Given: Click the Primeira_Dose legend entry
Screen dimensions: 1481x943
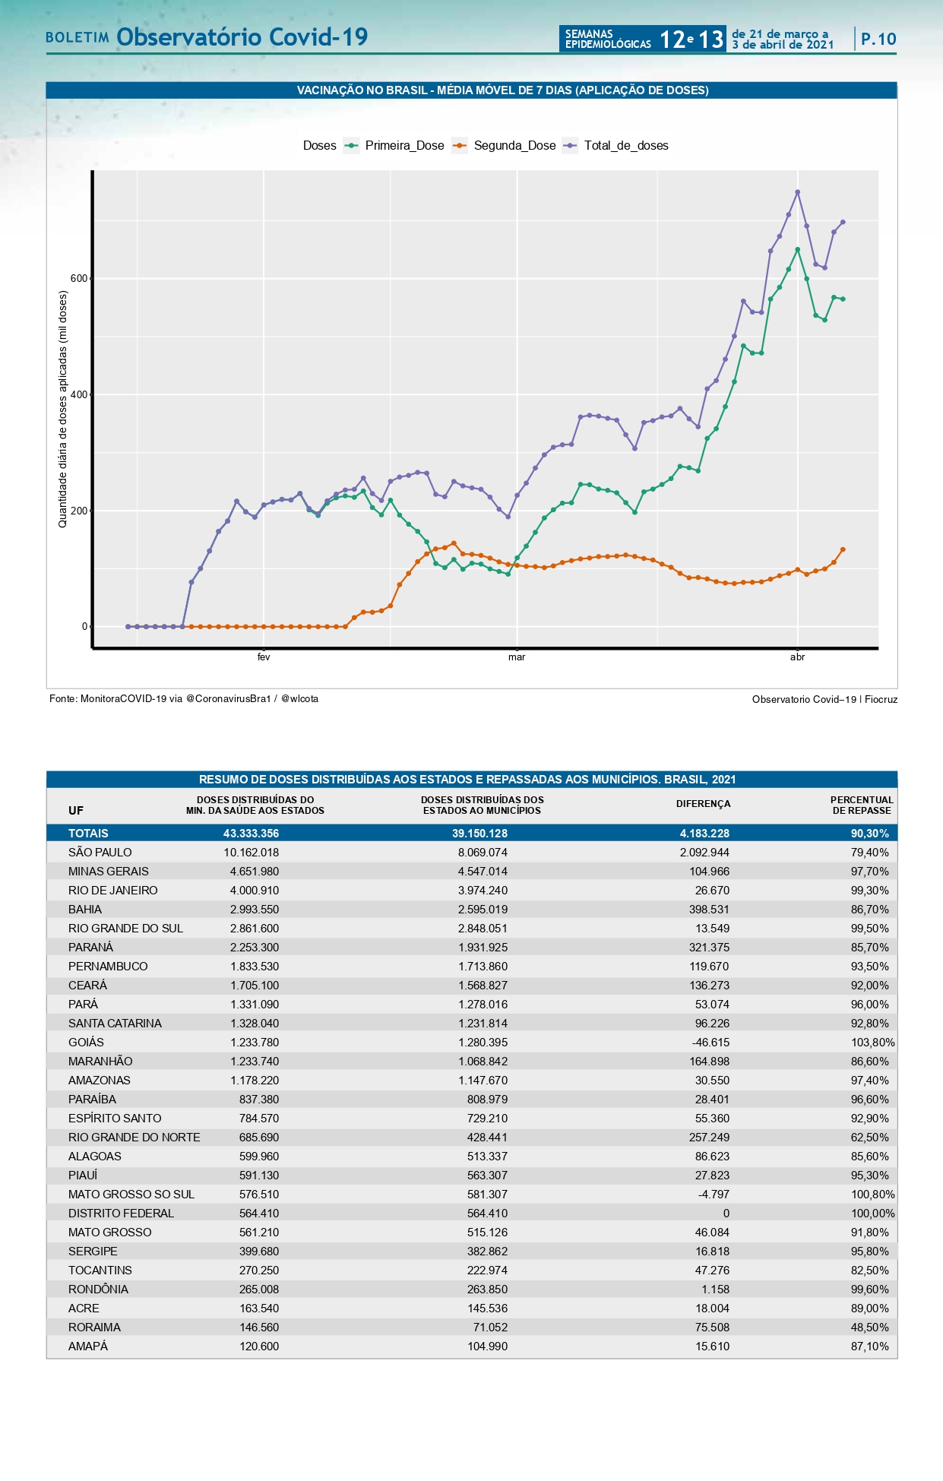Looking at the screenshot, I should [403, 146].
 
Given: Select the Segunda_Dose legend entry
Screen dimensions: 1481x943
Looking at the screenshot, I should [514, 146].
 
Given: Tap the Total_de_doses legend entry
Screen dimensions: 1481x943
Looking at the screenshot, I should [625, 146].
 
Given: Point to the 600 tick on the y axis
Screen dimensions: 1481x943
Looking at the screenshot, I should [79, 279].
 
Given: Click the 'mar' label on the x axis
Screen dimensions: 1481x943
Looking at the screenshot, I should [517, 657].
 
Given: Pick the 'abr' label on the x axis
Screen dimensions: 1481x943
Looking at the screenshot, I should [797, 657].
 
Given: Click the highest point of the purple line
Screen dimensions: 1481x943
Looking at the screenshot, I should [797, 192].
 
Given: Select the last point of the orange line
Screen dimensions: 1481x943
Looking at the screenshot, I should [843, 549].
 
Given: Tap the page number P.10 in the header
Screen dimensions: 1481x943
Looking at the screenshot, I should [878, 40].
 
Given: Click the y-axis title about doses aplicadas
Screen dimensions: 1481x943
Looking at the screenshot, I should [63, 409].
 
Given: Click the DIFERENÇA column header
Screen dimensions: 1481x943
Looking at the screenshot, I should [703, 804].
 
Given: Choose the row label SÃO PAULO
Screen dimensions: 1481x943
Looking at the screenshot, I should [100, 853].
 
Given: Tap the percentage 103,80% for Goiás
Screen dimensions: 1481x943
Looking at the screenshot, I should [872, 1043].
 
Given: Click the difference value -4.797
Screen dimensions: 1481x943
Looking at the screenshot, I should [714, 1195].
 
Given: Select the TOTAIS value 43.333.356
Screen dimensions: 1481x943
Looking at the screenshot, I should [251, 834].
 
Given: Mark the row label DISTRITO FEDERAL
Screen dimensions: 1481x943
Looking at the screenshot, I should [121, 1214].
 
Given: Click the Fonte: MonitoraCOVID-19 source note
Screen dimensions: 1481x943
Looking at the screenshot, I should [184, 699].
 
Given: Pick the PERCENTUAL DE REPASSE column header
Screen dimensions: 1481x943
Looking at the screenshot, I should [861, 805].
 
